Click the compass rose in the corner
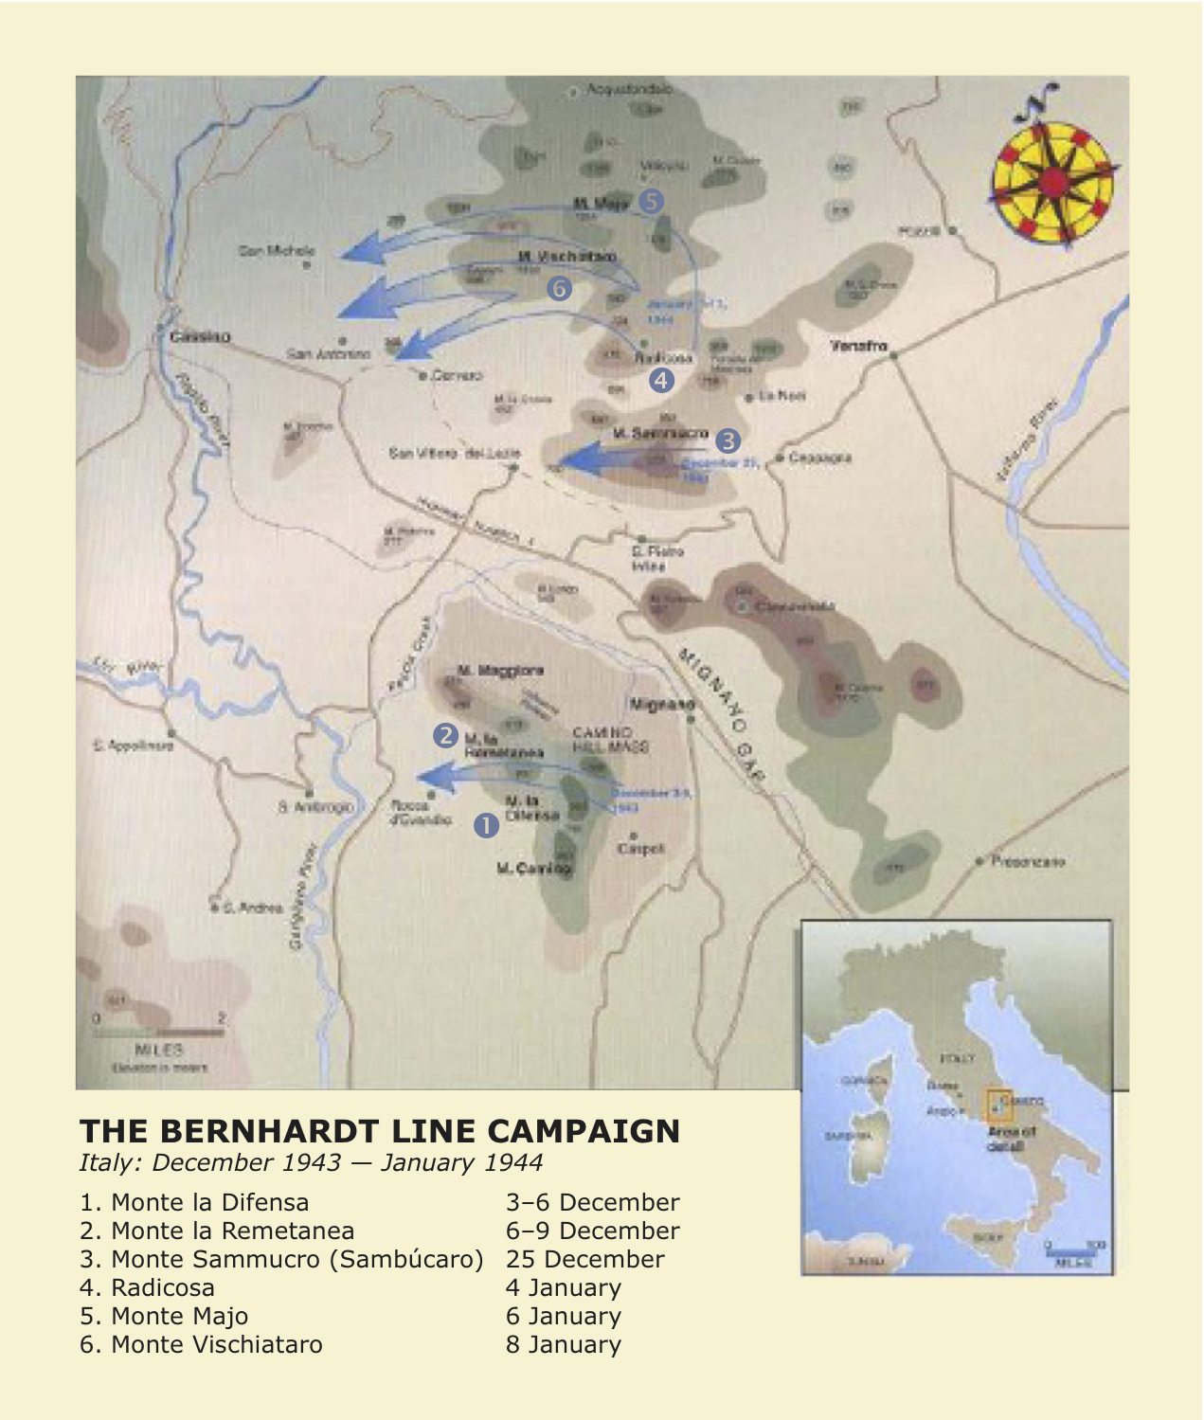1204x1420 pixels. point(1051,180)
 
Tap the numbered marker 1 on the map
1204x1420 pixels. point(486,825)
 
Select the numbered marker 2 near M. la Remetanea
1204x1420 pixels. point(445,734)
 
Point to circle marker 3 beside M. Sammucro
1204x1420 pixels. point(728,440)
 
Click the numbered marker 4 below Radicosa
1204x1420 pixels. point(661,380)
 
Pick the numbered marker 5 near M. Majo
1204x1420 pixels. point(651,201)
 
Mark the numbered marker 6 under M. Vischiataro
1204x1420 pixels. point(559,287)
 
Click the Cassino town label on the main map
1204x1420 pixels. point(200,336)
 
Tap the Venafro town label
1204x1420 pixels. point(858,346)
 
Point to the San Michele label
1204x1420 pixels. point(277,251)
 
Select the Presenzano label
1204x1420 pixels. point(1028,861)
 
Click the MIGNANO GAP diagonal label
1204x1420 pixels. point(722,713)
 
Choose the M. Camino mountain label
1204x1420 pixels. point(534,868)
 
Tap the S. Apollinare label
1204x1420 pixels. point(134,746)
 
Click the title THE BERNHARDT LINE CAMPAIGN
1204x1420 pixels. point(380,1131)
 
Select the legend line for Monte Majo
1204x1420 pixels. point(164,1316)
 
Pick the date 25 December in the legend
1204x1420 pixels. point(584,1259)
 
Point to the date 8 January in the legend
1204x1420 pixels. point(563,1344)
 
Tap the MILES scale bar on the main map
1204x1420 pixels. point(158,1033)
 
